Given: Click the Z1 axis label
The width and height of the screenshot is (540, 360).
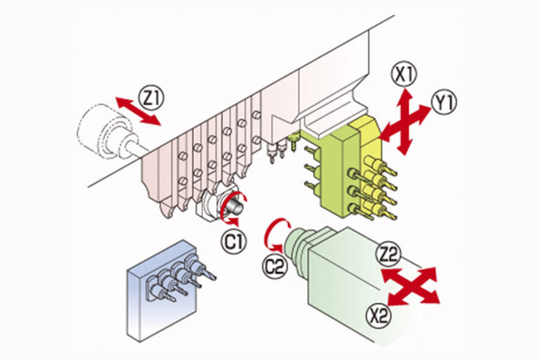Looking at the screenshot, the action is coord(152,98).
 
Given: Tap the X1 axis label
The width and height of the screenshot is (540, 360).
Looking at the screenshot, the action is coord(404,75).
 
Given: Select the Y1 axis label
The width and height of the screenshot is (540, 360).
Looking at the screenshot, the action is coord(444,103).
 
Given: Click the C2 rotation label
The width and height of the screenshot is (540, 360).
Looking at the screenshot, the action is coord(275,266).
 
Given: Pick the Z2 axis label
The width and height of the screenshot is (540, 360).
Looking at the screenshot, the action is coord(389,255).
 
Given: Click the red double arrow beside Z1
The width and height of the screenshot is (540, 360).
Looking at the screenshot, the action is coord(138,111).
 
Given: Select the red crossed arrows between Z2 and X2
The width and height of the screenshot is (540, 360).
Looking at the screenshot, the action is coord(411,286).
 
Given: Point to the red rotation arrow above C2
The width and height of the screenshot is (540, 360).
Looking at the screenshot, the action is coord(274,234).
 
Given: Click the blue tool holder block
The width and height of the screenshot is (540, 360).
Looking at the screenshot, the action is coord(161,290).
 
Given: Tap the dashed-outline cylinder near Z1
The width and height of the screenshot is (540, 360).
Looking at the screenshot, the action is coord(103,131).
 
